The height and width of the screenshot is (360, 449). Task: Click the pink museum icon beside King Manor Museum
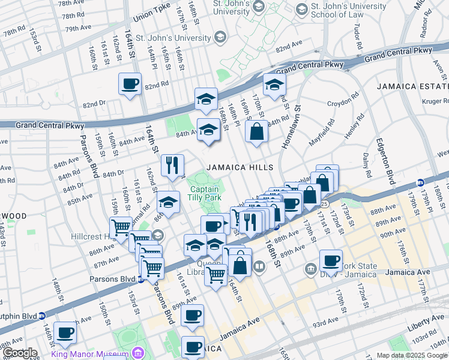139,352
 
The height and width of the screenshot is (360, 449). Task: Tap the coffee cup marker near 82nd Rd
130,84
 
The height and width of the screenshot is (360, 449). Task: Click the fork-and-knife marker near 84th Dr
172,165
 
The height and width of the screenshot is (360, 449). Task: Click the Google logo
20,353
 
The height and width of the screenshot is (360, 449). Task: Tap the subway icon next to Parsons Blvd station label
140,278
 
